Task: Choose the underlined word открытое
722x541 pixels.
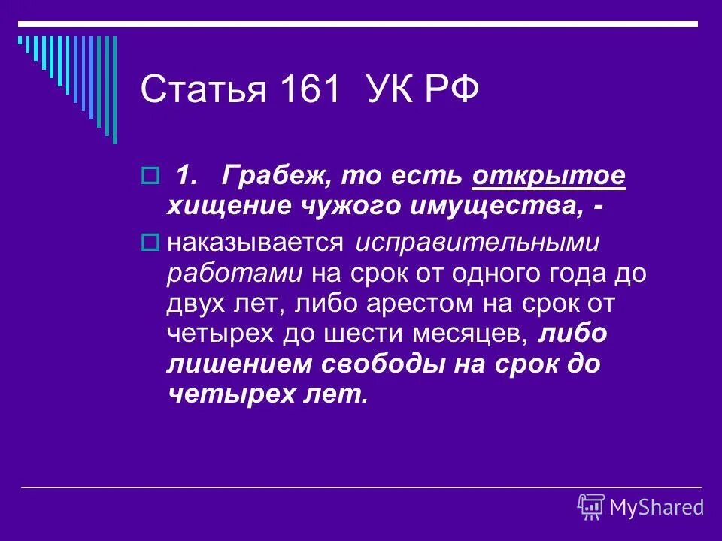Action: (549, 177)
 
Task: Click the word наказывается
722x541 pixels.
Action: (256, 243)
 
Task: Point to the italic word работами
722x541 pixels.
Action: (233, 274)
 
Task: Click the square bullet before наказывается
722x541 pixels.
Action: (148, 243)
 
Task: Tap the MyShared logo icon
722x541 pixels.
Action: (591, 506)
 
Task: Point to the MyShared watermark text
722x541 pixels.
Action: (657, 507)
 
